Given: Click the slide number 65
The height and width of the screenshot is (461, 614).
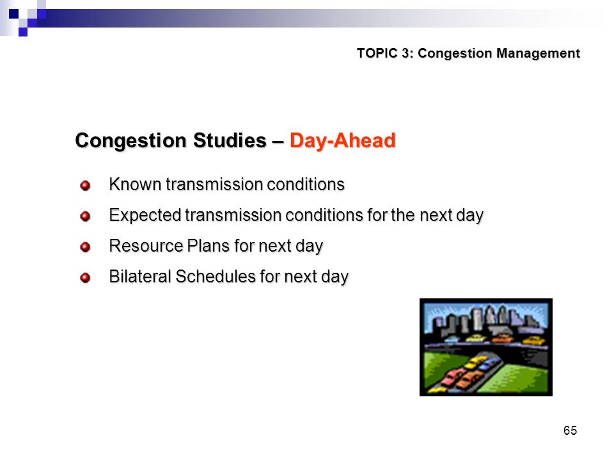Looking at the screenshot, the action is click(x=570, y=430).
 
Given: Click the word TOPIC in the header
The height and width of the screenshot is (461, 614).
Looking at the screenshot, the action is click(x=377, y=53).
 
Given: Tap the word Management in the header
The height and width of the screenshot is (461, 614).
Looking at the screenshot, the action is click(x=538, y=53).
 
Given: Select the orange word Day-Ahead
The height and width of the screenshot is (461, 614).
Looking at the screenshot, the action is click(x=343, y=140).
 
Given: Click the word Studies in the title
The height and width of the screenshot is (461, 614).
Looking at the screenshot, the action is click(x=230, y=140).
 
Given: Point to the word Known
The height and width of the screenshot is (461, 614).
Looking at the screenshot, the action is click(x=135, y=184).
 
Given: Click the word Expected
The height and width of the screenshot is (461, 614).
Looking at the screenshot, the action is click(x=145, y=215).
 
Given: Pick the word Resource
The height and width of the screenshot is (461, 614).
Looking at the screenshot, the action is click(x=146, y=246).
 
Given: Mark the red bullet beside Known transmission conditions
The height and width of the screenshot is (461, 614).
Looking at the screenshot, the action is click(x=85, y=185).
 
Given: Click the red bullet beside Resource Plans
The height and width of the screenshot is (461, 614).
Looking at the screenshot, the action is click(x=85, y=247).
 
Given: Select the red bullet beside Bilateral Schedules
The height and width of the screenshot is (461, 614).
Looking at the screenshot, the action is click(x=85, y=278).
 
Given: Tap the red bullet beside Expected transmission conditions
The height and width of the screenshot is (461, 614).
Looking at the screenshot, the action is click(x=85, y=216).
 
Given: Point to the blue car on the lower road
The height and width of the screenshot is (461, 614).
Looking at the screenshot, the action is click(x=487, y=365).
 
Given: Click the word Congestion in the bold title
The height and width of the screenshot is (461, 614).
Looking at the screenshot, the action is click(x=132, y=140).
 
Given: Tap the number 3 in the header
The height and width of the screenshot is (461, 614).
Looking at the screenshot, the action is click(x=407, y=53).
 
